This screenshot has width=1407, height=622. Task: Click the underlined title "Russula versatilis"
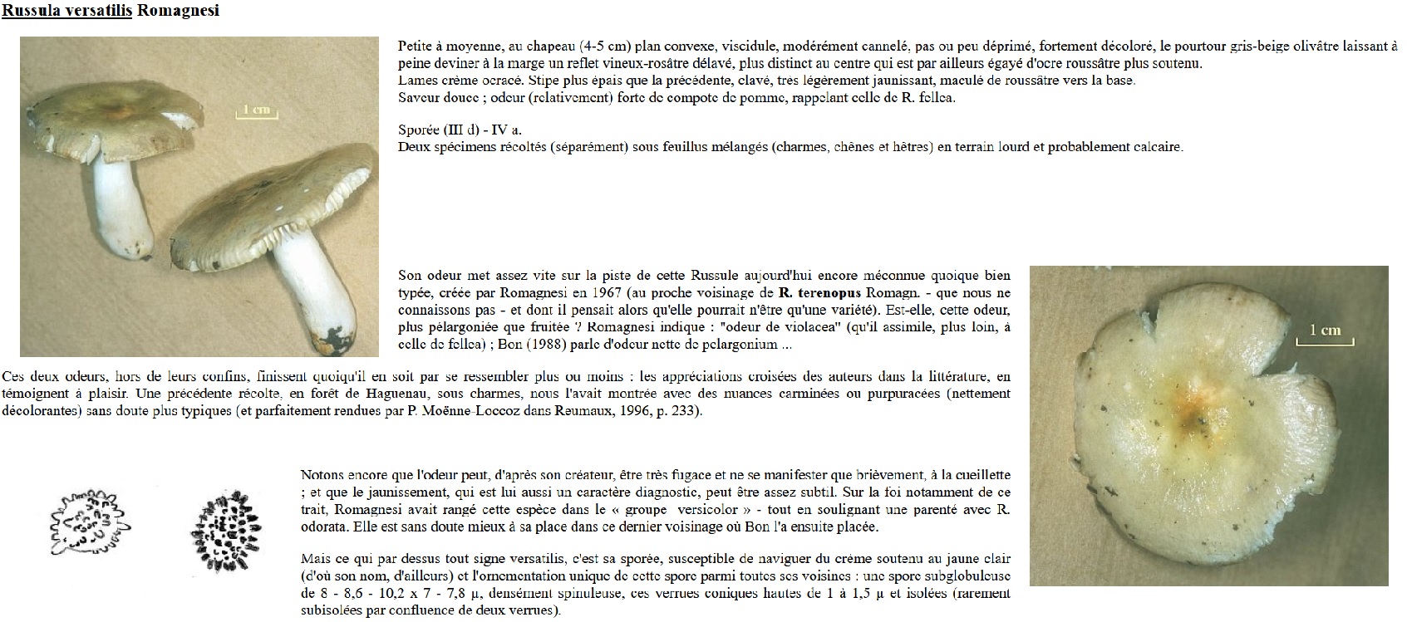tap(67, 12)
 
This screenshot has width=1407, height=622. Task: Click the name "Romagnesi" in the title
tap(178, 12)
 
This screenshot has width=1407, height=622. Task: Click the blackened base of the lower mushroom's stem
tap(329, 340)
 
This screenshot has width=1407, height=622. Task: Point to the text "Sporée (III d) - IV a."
tap(460, 130)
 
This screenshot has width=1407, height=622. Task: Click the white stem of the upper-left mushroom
tap(116, 199)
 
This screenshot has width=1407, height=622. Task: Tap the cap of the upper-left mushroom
tap(108, 108)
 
